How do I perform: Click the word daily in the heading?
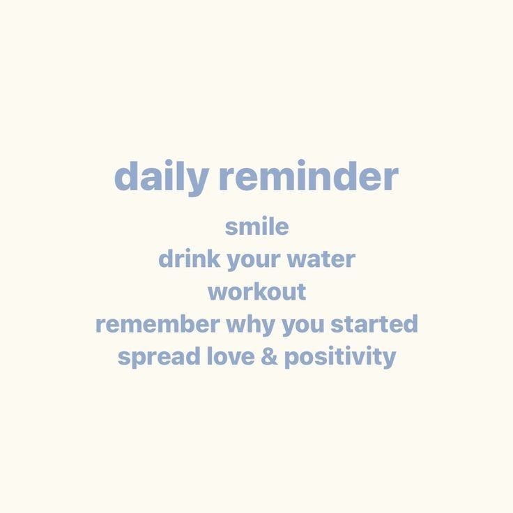pyautogui.click(x=160, y=177)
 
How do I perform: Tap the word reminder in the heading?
pyautogui.click(x=307, y=177)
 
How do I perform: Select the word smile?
pyautogui.click(x=256, y=227)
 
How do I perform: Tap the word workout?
pyautogui.click(x=256, y=291)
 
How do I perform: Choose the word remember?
pyautogui.click(x=158, y=324)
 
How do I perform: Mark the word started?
pyautogui.click(x=374, y=324)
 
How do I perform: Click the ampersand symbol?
pyautogui.click(x=270, y=358)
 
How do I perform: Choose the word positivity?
pyautogui.click(x=340, y=358)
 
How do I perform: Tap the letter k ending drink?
pyautogui.click(x=215, y=259)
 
